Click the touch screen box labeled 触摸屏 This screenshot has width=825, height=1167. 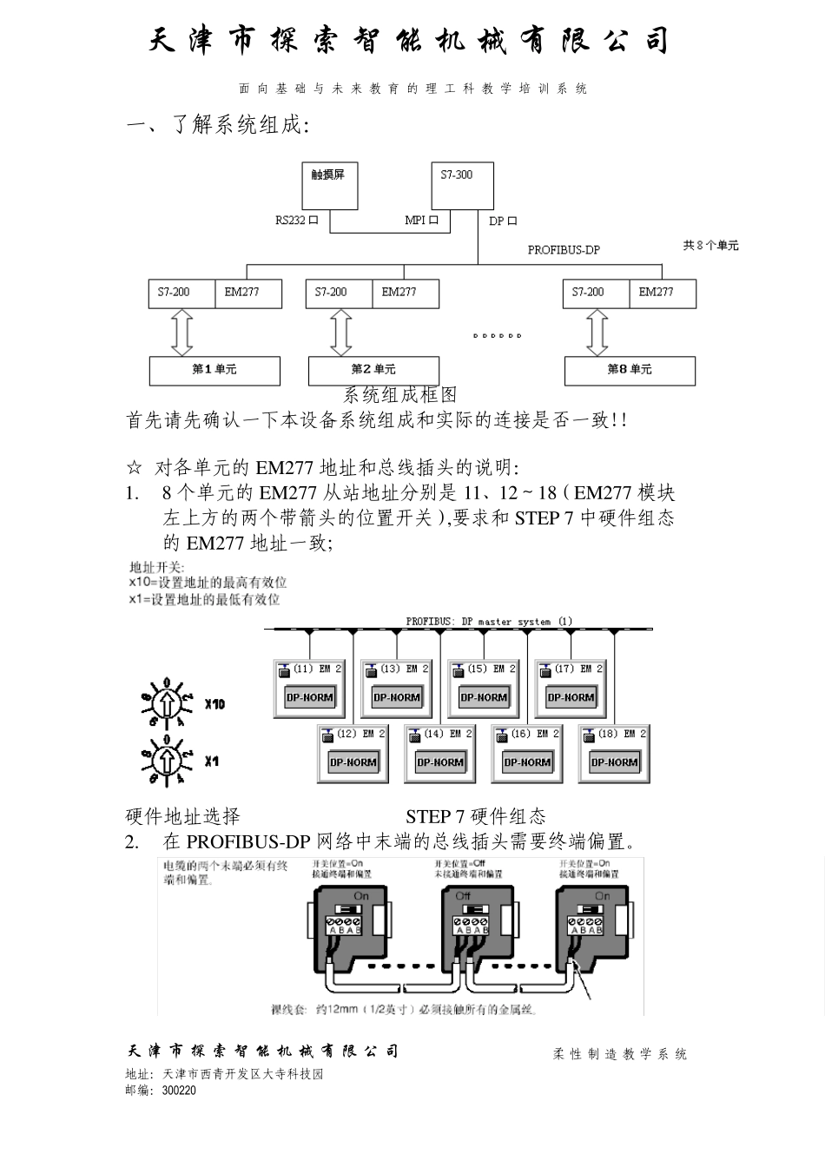[x=329, y=185]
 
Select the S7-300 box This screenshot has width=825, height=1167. [x=462, y=185]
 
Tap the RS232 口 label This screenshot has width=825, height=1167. [x=297, y=221]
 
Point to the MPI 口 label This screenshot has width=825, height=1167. [x=421, y=221]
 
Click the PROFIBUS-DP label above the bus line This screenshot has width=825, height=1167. [x=564, y=250]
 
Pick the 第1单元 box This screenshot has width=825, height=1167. [x=214, y=371]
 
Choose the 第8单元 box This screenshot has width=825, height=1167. [x=630, y=371]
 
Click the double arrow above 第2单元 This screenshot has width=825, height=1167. [x=340, y=333]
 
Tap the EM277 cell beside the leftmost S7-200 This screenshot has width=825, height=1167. [x=247, y=293]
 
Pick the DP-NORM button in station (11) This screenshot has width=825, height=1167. [x=309, y=697]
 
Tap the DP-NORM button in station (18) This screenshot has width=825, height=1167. [x=614, y=762]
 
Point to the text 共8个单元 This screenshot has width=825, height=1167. [x=710, y=246]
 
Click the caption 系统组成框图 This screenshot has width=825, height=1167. [x=399, y=395]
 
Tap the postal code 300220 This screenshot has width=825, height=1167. [x=179, y=1091]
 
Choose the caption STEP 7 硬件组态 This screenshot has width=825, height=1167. [x=476, y=816]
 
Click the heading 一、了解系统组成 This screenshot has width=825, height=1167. [x=218, y=125]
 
